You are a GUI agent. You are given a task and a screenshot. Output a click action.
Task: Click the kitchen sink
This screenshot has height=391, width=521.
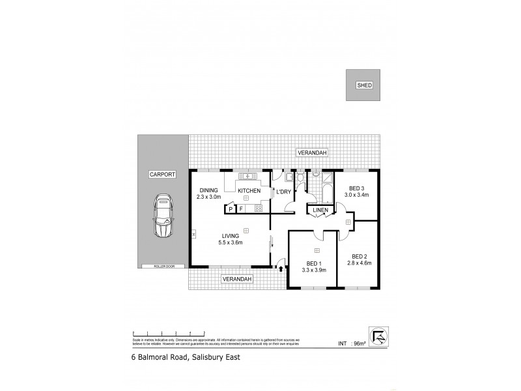[x=248, y=176]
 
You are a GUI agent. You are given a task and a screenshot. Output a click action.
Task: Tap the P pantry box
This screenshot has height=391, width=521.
[x=230, y=209]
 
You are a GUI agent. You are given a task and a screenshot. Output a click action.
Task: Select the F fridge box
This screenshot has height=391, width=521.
[x=241, y=209]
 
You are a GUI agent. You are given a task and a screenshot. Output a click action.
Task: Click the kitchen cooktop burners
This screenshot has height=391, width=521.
[x=258, y=209]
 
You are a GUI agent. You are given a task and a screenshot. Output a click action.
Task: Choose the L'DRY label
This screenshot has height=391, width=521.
[x=283, y=192]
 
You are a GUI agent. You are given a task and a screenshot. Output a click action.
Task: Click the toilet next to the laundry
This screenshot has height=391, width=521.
[x=299, y=177]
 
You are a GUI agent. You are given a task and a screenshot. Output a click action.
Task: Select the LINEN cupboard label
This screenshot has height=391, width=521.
[x=320, y=210]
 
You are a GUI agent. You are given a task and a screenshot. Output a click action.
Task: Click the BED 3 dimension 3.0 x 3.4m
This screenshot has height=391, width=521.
[x=356, y=194]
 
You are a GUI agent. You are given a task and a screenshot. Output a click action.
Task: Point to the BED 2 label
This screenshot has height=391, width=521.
[x=359, y=256]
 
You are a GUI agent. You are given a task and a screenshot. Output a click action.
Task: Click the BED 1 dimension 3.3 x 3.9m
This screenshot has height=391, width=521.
[x=313, y=269]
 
